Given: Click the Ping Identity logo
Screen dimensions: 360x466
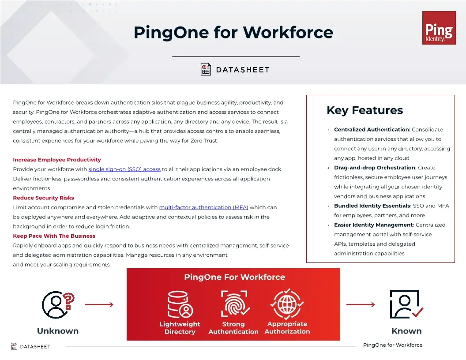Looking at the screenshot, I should (x=438, y=28).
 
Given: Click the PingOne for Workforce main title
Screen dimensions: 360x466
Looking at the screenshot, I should (x=233, y=32).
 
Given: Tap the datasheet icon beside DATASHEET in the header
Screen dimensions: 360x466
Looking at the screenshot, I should (x=206, y=70).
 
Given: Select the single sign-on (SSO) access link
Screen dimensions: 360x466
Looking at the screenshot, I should (x=124, y=169).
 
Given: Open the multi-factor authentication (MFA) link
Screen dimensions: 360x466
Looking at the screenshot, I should (x=203, y=207).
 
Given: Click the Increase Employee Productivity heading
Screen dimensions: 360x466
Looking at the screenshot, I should (x=57, y=160).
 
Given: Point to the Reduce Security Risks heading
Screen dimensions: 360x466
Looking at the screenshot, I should (x=44, y=198).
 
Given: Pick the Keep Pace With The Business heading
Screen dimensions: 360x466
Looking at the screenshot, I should (x=54, y=236).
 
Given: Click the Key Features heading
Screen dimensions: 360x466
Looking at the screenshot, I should (x=365, y=110).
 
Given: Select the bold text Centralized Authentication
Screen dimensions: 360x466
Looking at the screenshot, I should (x=372, y=130).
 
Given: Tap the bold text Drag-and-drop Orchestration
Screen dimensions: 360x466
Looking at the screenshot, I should (x=375, y=168).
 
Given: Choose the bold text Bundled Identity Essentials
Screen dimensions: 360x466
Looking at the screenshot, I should (x=372, y=206).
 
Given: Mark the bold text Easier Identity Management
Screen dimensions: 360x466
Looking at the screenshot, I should (x=374, y=225).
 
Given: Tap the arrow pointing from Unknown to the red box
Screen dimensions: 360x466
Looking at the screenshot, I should (x=99, y=304).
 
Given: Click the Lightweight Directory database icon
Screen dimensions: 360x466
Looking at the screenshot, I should (x=180, y=304).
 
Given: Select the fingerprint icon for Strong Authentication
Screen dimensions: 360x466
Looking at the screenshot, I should (x=234, y=304).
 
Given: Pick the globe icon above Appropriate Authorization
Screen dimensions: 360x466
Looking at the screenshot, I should (x=287, y=304).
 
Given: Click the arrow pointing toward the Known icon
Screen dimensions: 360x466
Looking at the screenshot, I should (x=361, y=304).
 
